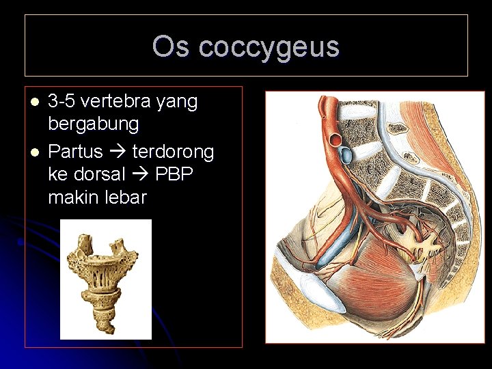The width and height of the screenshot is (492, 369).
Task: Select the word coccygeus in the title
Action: pos(269,47)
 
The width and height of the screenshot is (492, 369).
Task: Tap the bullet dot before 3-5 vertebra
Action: pos(34,102)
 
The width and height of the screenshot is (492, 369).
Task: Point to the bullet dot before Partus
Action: pos(34,150)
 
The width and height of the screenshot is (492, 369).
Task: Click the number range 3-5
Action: pos(61,102)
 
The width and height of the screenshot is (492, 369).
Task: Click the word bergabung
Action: pos(94,125)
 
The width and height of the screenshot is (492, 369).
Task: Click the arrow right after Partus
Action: pos(117,150)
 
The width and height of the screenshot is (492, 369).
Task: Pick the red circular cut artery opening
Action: pos(338,141)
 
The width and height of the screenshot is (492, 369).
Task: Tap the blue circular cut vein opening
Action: pos(347,155)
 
